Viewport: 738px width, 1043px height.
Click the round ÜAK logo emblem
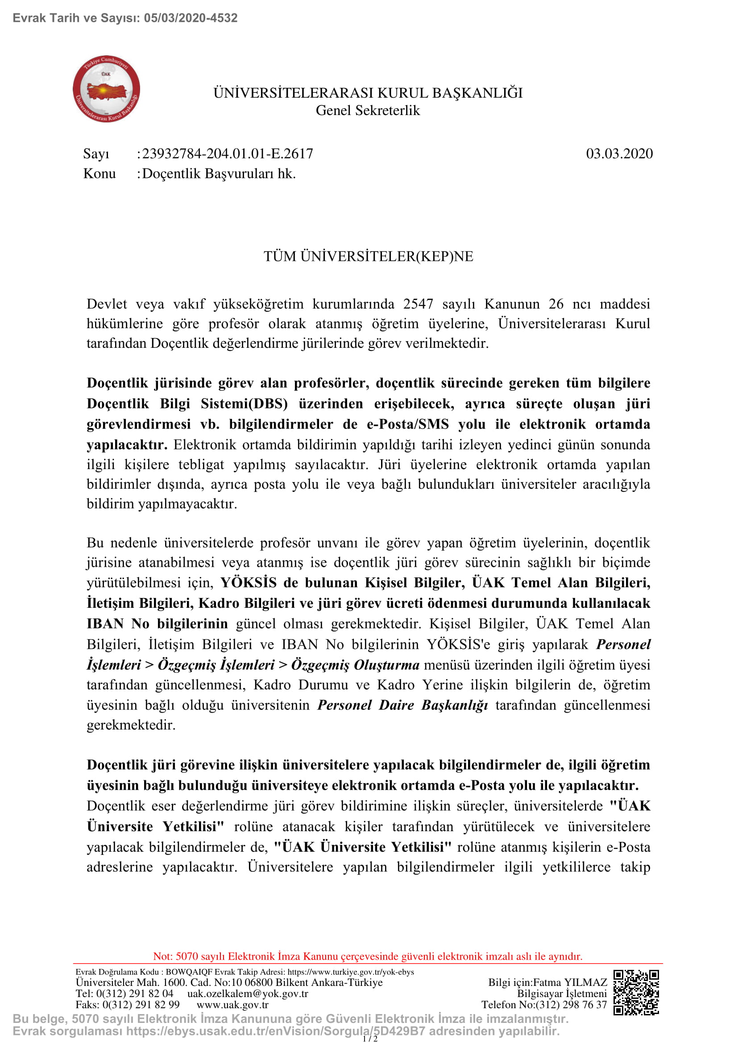point(106,89)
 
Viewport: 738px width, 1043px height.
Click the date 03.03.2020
point(619,153)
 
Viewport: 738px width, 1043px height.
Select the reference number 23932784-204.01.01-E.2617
point(228,153)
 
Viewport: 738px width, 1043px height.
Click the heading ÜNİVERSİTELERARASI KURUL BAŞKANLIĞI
point(368,93)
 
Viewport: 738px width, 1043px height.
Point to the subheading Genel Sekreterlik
point(368,111)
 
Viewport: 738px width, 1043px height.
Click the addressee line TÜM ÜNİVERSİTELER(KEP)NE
point(369,256)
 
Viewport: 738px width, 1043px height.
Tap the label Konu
point(100,173)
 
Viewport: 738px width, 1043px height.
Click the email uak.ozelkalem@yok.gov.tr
point(248,994)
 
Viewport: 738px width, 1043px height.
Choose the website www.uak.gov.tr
point(232,1004)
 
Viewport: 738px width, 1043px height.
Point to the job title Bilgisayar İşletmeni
point(562,994)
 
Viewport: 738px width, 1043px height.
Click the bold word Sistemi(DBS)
point(244,404)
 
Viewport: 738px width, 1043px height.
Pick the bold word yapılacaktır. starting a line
point(127,444)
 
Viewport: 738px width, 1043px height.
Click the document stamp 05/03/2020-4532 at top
point(191,18)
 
